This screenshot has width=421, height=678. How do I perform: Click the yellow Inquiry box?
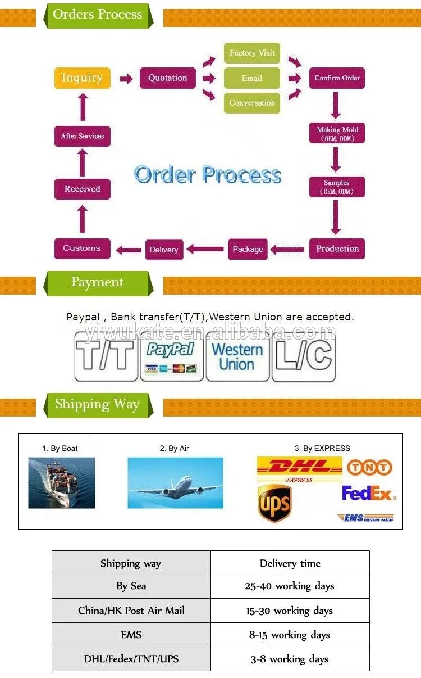coord(82,78)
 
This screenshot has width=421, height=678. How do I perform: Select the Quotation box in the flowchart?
coord(168,78)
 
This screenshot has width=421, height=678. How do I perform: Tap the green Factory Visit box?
coord(252,53)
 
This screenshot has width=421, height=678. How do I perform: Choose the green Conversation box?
coord(252,103)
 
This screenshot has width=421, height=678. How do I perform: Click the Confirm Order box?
coord(337,78)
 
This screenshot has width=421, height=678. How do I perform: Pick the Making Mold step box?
coord(337,133)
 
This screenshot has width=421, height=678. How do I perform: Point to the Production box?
coord(337,248)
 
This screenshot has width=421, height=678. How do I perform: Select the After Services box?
coord(82,136)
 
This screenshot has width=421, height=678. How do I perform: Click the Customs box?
coord(82,248)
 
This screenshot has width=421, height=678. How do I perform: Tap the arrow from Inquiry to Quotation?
coord(126,78)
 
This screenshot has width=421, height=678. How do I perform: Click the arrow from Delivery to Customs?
coord(129,249)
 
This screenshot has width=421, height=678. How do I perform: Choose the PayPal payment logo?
coord(171,356)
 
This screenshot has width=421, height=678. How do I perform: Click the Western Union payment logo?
coord(237,356)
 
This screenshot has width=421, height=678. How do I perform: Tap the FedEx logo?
coord(368,494)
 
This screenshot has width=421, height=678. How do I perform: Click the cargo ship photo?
coord(62,482)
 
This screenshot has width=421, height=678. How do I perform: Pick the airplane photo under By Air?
coord(175,482)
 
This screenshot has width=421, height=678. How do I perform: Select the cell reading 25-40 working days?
coord(290,586)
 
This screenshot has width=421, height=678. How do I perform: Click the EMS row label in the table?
coord(131,635)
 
